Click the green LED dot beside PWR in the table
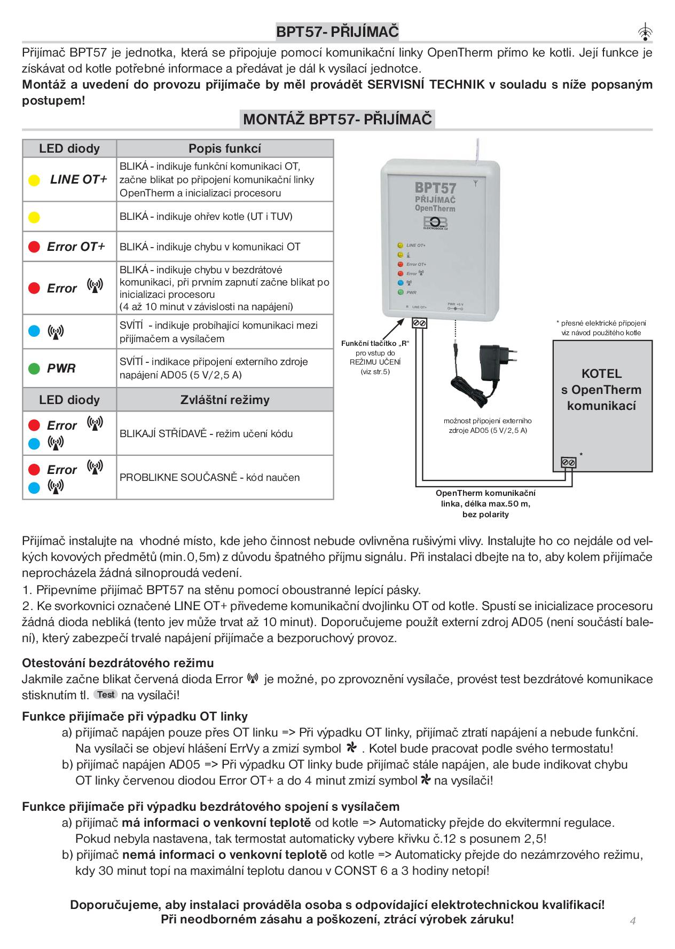(34, 368)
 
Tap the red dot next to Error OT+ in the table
(34, 247)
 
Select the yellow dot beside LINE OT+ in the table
(34, 180)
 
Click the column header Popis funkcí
(225, 148)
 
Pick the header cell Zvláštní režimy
(225, 400)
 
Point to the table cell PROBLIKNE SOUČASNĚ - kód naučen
(210, 477)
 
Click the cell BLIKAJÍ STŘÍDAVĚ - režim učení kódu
(206, 433)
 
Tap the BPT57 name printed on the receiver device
(435, 188)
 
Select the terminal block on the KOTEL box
(569, 463)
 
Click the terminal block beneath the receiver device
(419, 323)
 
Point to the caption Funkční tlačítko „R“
(375, 343)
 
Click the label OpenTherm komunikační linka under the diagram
(485, 499)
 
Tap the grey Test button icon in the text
(105, 694)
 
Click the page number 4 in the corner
(633, 920)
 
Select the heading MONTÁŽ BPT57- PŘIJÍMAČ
(337, 119)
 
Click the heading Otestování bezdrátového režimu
(118, 663)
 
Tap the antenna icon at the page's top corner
(646, 33)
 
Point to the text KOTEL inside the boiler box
(601, 374)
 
